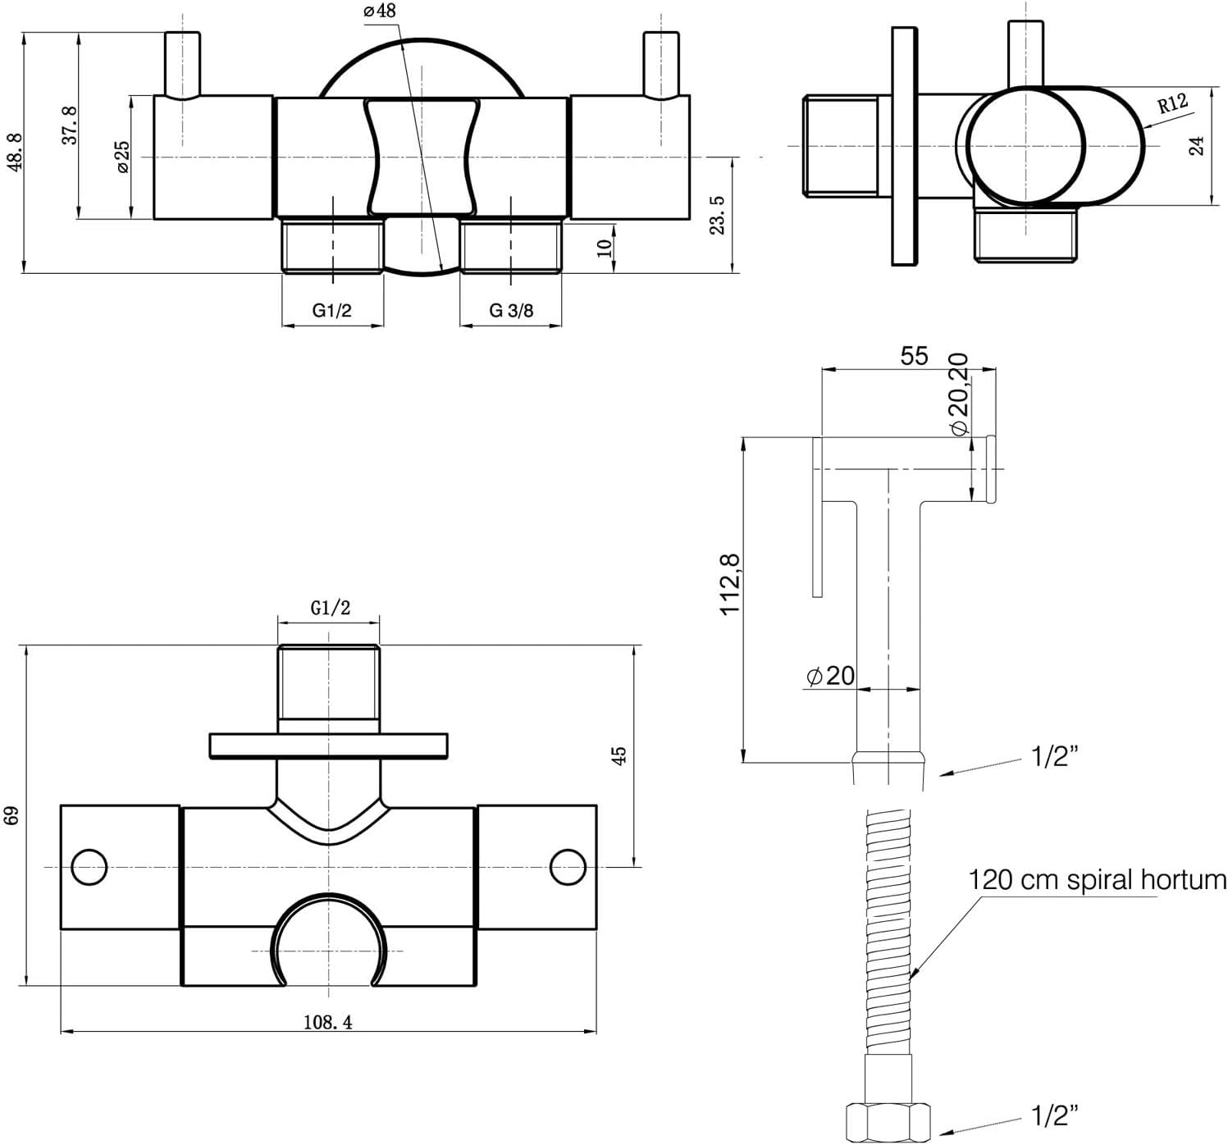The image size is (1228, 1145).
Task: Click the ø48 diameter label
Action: [380, 11]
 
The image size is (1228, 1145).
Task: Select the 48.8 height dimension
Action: [15, 152]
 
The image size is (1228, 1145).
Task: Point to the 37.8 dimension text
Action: [70, 125]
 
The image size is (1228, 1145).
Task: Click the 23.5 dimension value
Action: [717, 215]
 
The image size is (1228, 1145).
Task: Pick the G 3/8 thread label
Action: [511, 310]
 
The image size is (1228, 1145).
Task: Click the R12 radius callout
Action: [1172, 103]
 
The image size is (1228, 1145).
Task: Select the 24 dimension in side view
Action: [1197, 146]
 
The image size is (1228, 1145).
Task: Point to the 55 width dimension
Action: [914, 356]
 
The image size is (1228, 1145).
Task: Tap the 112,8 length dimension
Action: [730, 584]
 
